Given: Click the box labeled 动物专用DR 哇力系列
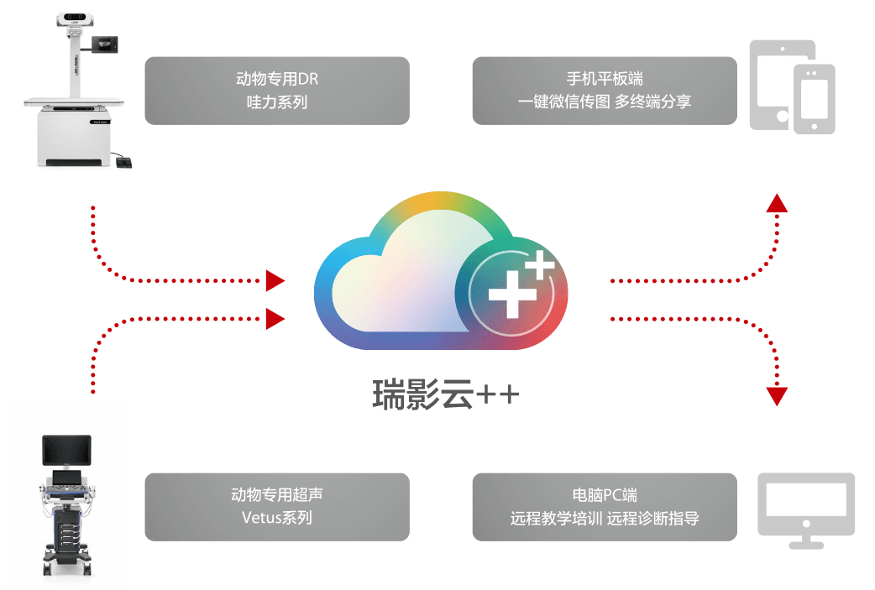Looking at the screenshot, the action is pyautogui.click(x=277, y=91).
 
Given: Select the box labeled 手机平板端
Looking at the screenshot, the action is pyautogui.click(x=605, y=91).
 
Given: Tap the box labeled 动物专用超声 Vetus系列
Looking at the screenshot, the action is pyautogui.click(x=277, y=507).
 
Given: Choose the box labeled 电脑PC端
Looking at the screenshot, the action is pyautogui.click(x=605, y=507).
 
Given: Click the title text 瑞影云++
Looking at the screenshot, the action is pyautogui.click(x=445, y=394).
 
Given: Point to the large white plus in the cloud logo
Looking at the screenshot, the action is pyautogui.click(x=512, y=295).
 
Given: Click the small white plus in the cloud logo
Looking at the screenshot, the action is pyautogui.click(x=540, y=264).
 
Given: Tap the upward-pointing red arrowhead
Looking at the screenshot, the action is pyautogui.click(x=777, y=203).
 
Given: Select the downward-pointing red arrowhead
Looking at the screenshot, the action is pyautogui.click(x=777, y=396).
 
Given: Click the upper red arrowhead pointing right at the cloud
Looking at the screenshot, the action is pyautogui.click(x=275, y=280).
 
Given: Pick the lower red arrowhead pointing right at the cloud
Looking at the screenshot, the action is pyautogui.click(x=275, y=319).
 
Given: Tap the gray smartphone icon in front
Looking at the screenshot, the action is pyautogui.click(x=815, y=99).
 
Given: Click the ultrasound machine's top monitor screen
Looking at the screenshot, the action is pyautogui.click(x=67, y=450).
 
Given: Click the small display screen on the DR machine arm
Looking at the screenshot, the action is pyautogui.click(x=105, y=44).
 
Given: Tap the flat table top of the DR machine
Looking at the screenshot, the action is pyautogui.click(x=74, y=102).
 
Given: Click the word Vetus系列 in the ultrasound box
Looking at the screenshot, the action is pyautogui.click(x=277, y=518).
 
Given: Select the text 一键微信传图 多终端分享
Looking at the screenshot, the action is pyautogui.click(x=605, y=102).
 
